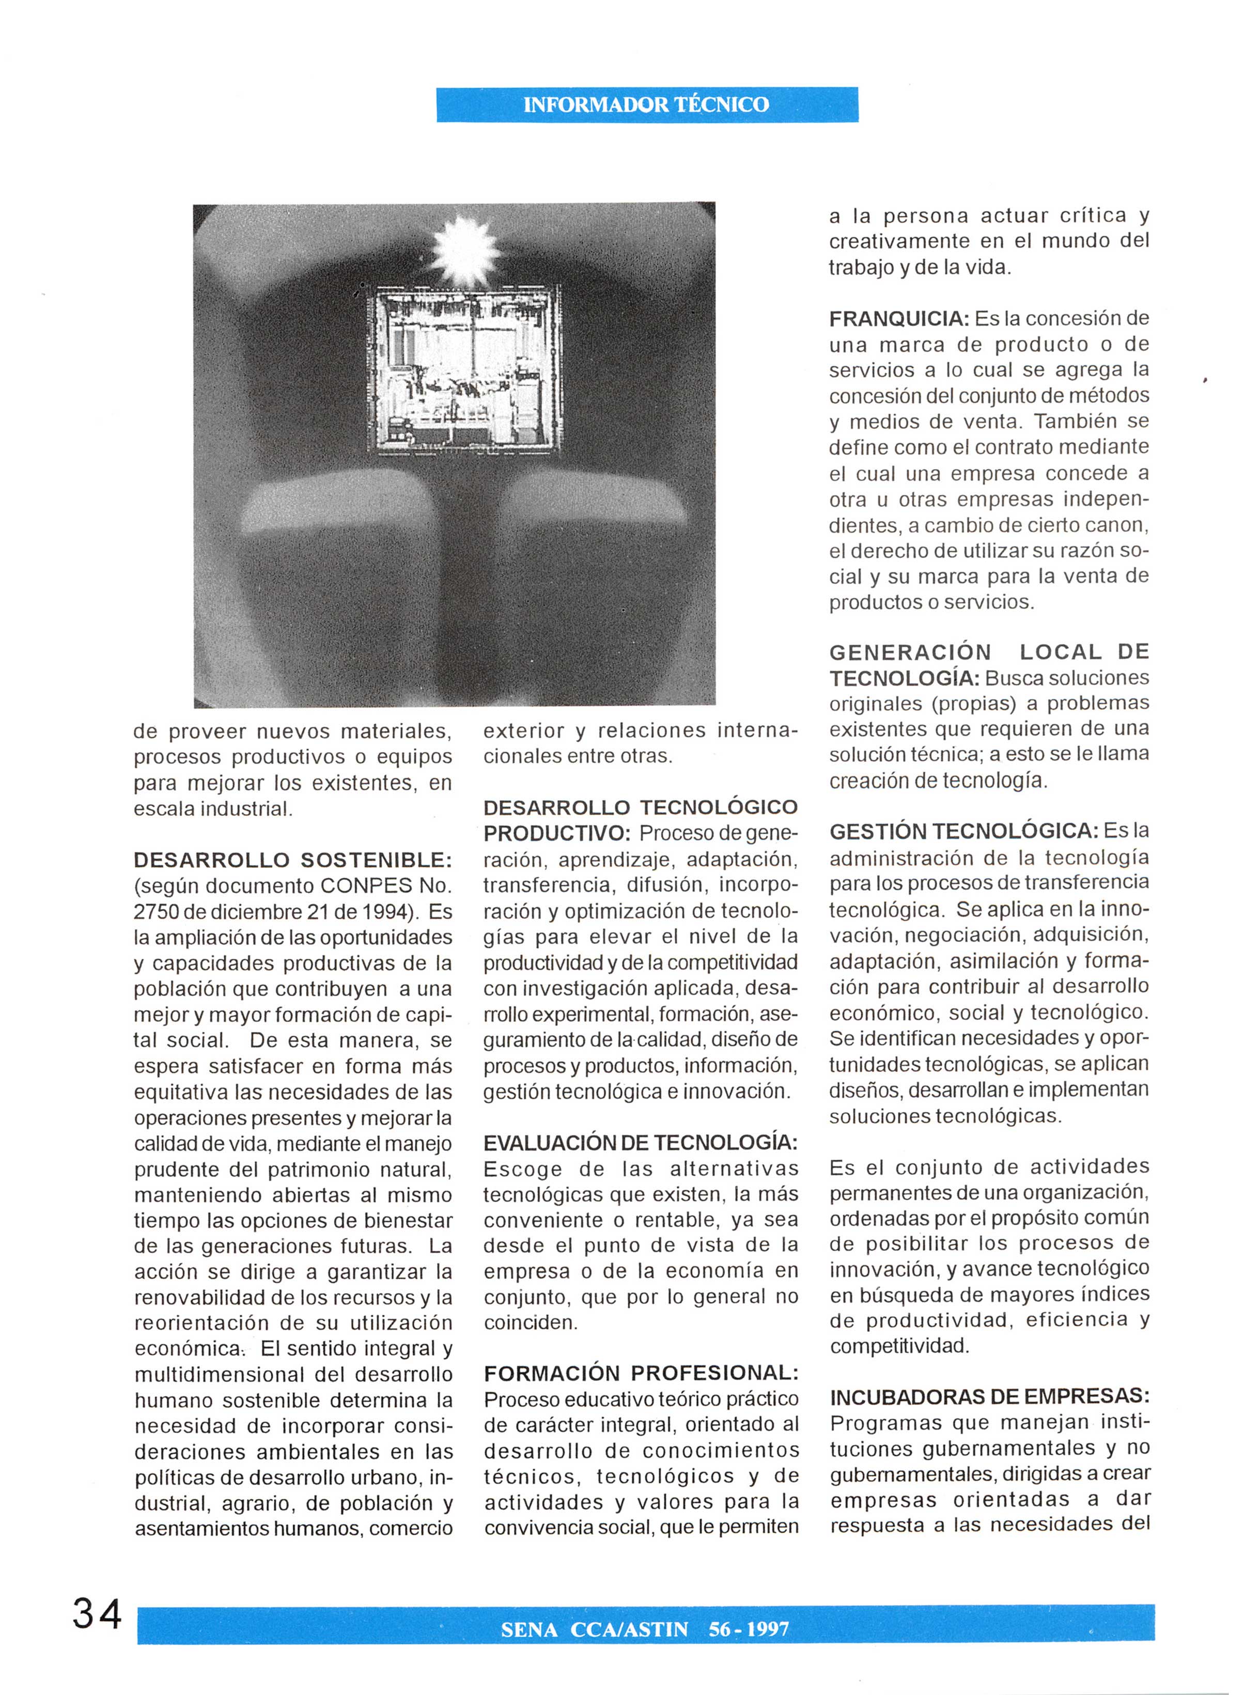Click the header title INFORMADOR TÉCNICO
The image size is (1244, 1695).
(x=646, y=105)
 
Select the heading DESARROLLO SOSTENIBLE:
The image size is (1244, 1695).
(x=293, y=860)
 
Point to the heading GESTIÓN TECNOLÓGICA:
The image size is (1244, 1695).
(x=964, y=831)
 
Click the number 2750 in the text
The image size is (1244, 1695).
(x=156, y=912)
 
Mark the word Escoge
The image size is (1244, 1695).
(x=523, y=1170)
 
